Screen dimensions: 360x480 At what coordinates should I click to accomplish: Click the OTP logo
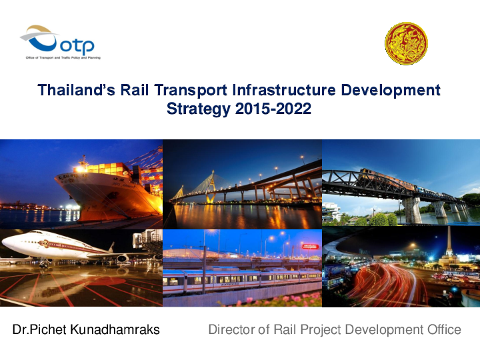click(x=59, y=41)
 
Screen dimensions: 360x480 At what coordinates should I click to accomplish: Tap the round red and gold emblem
click(x=406, y=43)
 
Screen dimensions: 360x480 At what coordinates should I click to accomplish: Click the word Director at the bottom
click(x=233, y=329)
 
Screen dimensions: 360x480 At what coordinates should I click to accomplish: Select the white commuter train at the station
click(x=240, y=280)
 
